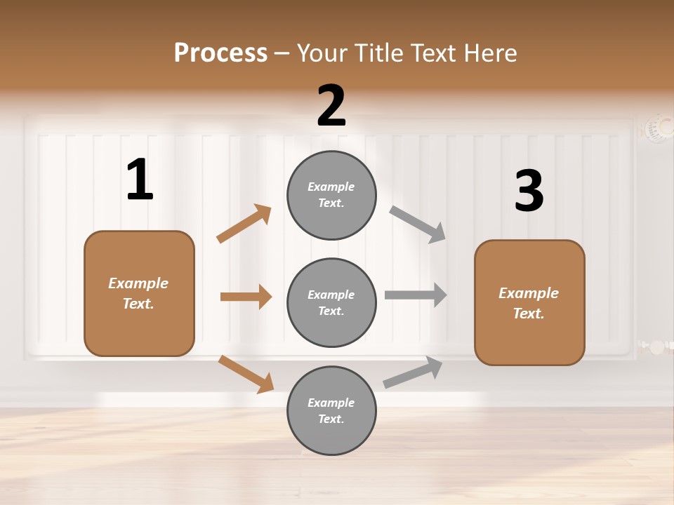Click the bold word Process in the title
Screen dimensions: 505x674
[220, 53]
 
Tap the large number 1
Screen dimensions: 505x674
[140, 180]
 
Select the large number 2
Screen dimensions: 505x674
[331, 106]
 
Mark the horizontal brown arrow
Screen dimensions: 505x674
[246, 297]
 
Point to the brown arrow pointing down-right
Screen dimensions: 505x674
[246, 374]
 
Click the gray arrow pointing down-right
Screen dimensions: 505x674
[418, 224]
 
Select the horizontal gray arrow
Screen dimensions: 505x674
[416, 295]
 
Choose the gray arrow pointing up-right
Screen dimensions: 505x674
[413, 372]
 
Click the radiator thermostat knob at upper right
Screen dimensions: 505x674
[658, 128]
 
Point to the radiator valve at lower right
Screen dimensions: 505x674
[656, 346]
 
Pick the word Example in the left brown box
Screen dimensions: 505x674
[138, 283]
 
